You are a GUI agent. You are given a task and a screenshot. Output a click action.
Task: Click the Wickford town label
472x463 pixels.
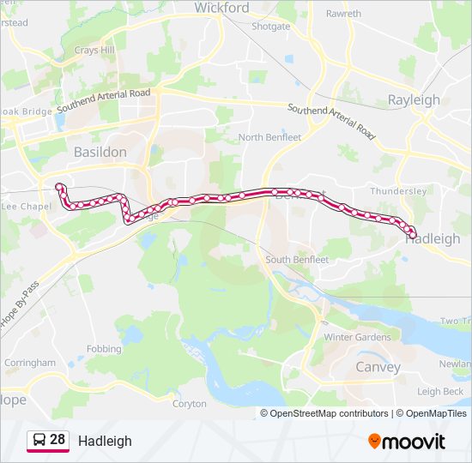pyautogui.click(x=221, y=8)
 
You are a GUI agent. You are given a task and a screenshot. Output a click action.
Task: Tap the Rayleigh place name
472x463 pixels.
pyautogui.click(x=414, y=99)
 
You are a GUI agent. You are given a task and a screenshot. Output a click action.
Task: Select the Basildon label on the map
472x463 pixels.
pyautogui.click(x=100, y=152)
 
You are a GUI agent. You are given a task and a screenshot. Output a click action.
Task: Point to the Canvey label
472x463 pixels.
pyautogui.click(x=378, y=367)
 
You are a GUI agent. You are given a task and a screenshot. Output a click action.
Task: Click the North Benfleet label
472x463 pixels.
pyautogui.click(x=269, y=137)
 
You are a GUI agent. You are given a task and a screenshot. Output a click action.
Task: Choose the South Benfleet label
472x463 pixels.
pyautogui.click(x=297, y=259)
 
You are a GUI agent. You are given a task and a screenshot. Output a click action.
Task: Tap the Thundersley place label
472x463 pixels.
pyautogui.click(x=398, y=192)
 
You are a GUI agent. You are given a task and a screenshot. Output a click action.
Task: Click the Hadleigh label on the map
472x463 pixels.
pyautogui.click(x=433, y=239)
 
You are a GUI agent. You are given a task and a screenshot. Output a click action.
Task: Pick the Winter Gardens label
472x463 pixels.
pyautogui.click(x=357, y=337)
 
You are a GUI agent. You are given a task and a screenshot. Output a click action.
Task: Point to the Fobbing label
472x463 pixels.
pyautogui.click(x=104, y=349)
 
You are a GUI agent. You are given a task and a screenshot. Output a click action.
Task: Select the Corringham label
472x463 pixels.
pyautogui.click(x=30, y=363)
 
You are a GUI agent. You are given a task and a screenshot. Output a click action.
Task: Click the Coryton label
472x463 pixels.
pyautogui.click(x=190, y=403)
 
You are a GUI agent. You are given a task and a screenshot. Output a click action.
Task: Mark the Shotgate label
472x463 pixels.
pyautogui.click(x=270, y=27)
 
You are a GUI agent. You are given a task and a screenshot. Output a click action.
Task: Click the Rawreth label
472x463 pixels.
pyautogui.click(x=343, y=14)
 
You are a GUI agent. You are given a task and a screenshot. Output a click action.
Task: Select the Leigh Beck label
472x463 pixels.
pyautogui.click(x=440, y=392)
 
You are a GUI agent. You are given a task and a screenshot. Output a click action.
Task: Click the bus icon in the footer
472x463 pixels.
pyautogui.click(x=39, y=441)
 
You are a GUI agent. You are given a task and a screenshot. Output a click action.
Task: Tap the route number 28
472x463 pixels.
pyautogui.click(x=57, y=440)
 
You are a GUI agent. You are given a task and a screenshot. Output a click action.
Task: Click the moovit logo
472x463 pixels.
pyautogui.click(x=407, y=441)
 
